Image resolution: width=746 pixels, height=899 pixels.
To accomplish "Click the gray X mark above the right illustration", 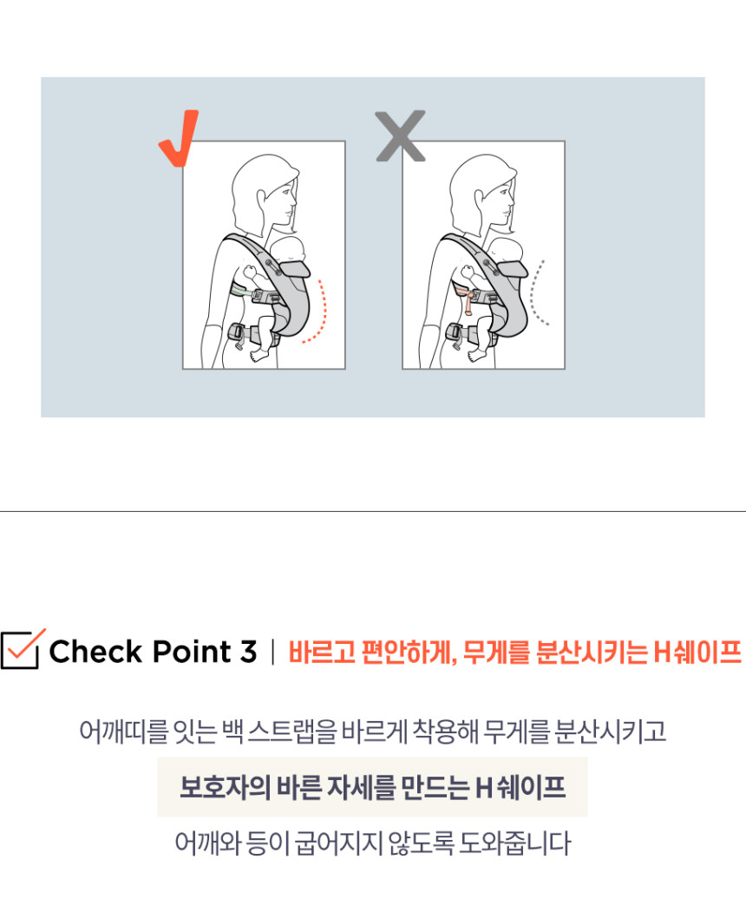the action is click(401, 136).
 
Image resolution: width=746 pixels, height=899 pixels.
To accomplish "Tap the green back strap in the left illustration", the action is click(242, 291).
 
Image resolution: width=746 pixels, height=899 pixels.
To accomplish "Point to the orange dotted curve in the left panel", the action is click(324, 312).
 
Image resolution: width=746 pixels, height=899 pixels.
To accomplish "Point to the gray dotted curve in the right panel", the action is click(534, 293).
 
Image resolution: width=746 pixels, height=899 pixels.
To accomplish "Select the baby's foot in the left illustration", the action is click(259, 356).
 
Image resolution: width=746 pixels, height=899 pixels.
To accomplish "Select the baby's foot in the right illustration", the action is click(477, 356).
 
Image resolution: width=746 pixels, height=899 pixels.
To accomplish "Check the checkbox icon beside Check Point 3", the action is click(22, 649).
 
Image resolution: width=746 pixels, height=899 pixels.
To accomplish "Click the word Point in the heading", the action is click(192, 652).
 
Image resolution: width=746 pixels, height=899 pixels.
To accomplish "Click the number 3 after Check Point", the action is click(248, 652).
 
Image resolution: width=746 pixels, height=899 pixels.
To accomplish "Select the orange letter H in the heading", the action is click(661, 652).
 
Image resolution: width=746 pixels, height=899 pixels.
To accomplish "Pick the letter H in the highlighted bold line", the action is click(483, 788).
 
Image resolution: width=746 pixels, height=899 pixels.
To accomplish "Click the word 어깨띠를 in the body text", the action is click(124, 731).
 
